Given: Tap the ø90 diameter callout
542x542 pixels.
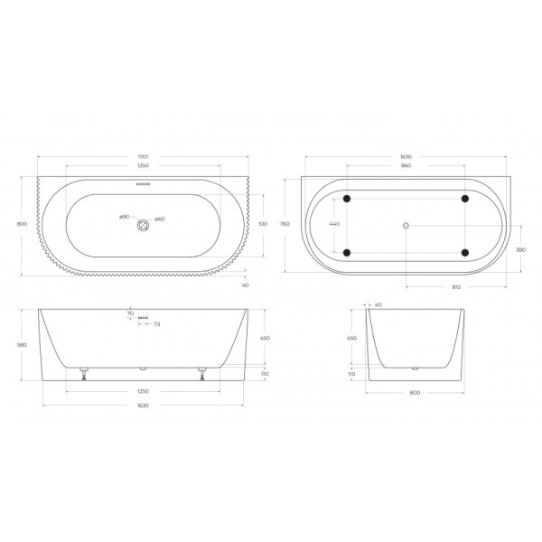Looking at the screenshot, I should pos(125,218).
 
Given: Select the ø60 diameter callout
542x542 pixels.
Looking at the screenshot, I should pos(158,218).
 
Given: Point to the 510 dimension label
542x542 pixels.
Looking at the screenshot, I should pos(263,223).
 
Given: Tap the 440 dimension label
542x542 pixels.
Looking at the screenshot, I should pos(334,223).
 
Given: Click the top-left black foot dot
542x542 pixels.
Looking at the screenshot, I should pos(345,198).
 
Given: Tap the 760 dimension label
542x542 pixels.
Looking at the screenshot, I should pos(285,223).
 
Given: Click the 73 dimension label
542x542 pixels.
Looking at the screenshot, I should pos(157,323).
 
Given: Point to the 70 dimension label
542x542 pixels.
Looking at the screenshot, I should pos(130,313).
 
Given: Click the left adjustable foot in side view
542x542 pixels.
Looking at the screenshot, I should pos(83,372).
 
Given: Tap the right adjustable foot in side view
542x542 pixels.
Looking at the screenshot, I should pos(201,372).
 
